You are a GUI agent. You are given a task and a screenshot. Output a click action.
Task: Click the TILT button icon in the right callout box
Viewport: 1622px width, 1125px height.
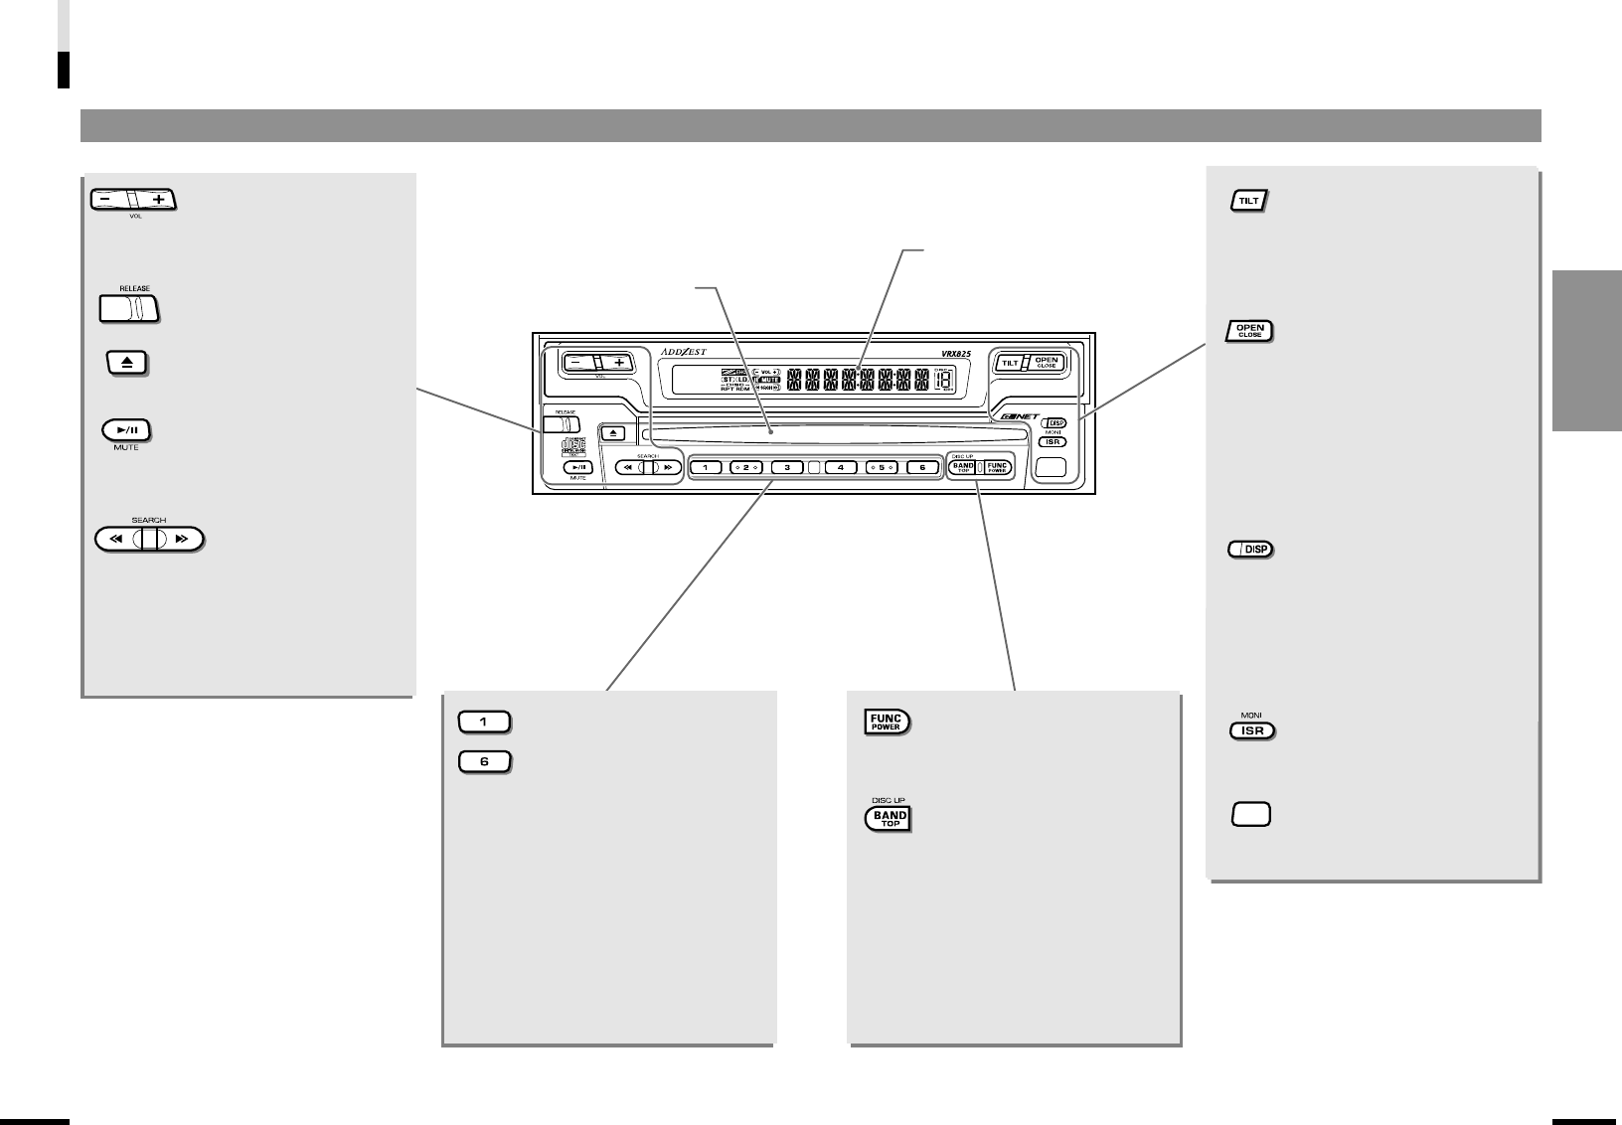pos(1248,201)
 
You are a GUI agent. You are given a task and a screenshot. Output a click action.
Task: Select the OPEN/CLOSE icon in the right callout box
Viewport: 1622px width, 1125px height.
pos(1249,331)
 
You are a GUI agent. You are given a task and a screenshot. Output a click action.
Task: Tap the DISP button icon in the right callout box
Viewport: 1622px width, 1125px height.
pos(1250,550)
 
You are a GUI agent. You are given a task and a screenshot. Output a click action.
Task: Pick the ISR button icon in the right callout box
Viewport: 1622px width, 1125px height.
pos(1252,730)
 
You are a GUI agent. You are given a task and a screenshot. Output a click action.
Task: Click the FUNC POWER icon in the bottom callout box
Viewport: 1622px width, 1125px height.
pos(886,723)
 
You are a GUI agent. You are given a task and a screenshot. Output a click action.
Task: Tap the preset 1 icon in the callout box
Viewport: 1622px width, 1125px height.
pos(484,723)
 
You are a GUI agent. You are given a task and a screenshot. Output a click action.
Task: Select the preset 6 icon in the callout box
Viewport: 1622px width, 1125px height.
pos(484,762)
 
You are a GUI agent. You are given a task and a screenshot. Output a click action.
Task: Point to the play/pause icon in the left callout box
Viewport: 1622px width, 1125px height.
pos(127,431)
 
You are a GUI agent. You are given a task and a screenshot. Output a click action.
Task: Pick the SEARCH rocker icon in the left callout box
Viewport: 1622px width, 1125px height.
pos(149,540)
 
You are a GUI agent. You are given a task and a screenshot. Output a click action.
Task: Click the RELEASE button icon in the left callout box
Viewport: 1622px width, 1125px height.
pos(129,309)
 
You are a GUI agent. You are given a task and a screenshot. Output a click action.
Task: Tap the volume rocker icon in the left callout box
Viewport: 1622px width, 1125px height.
pos(132,199)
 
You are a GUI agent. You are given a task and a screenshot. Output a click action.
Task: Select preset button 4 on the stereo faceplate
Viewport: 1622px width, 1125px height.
pos(840,467)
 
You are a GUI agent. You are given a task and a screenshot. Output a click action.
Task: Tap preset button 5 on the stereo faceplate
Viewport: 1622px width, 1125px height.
pos(881,467)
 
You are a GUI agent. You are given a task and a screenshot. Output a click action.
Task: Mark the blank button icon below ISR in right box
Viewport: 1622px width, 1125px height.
pos(1251,815)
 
